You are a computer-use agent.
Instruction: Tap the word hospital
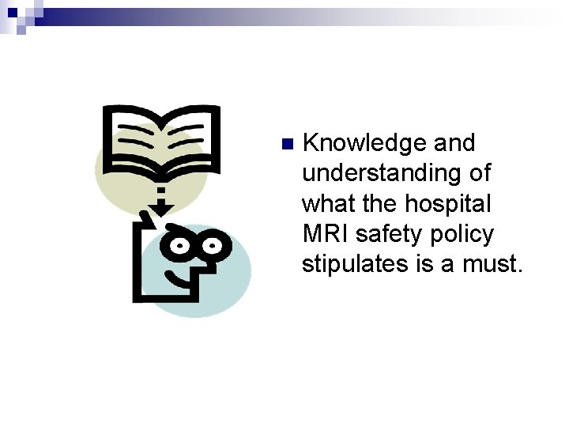point(447,203)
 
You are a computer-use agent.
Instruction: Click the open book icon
point(161,142)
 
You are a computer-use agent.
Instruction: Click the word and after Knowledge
point(454,143)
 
